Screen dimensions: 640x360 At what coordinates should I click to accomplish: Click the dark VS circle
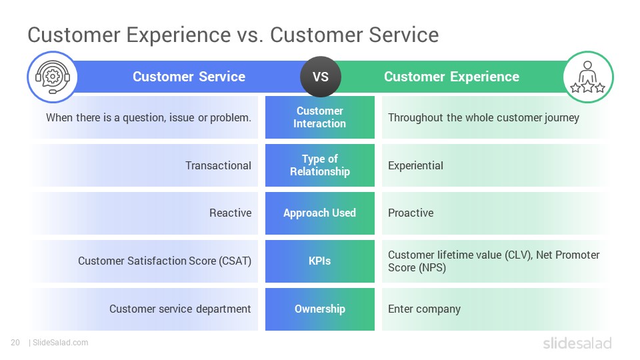(x=321, y=77)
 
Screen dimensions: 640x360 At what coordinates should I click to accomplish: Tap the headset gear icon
(x=52, y=77)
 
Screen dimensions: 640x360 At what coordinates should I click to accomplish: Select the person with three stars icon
(x=588, y=77)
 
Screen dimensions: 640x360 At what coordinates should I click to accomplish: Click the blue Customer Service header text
(x=189, y=77)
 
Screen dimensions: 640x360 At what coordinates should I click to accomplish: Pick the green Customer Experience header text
(x=451, y=77)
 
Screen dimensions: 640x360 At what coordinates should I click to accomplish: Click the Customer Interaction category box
(x=320, y=117)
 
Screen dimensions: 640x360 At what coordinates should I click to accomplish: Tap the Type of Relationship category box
(x=320, y=165)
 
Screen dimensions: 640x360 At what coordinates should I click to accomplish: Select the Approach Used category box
(x=320, y=213)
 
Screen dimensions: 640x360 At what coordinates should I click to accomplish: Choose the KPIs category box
(x=320, y=261)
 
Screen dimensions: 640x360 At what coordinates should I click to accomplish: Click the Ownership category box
(x=320, y=309)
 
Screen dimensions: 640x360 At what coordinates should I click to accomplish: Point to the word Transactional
(x=219, y=165)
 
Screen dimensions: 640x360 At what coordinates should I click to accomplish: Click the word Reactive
(x=230, y=213)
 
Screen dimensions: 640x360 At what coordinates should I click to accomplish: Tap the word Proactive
(x=411, y=213)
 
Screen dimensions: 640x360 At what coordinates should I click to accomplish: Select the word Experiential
(x=415, y=166)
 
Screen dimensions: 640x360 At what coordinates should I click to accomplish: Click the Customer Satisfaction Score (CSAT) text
(x=165, y=261)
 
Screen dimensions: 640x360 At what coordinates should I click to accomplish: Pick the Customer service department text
(x=180, y=309)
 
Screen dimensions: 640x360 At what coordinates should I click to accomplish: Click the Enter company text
(x=424, y=309)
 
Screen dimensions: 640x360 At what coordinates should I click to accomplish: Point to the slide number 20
(x=15, y=343)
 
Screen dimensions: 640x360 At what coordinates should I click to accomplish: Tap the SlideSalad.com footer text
(x=60, y=343)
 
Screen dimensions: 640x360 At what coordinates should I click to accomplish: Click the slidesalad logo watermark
(x=577, y=343)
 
